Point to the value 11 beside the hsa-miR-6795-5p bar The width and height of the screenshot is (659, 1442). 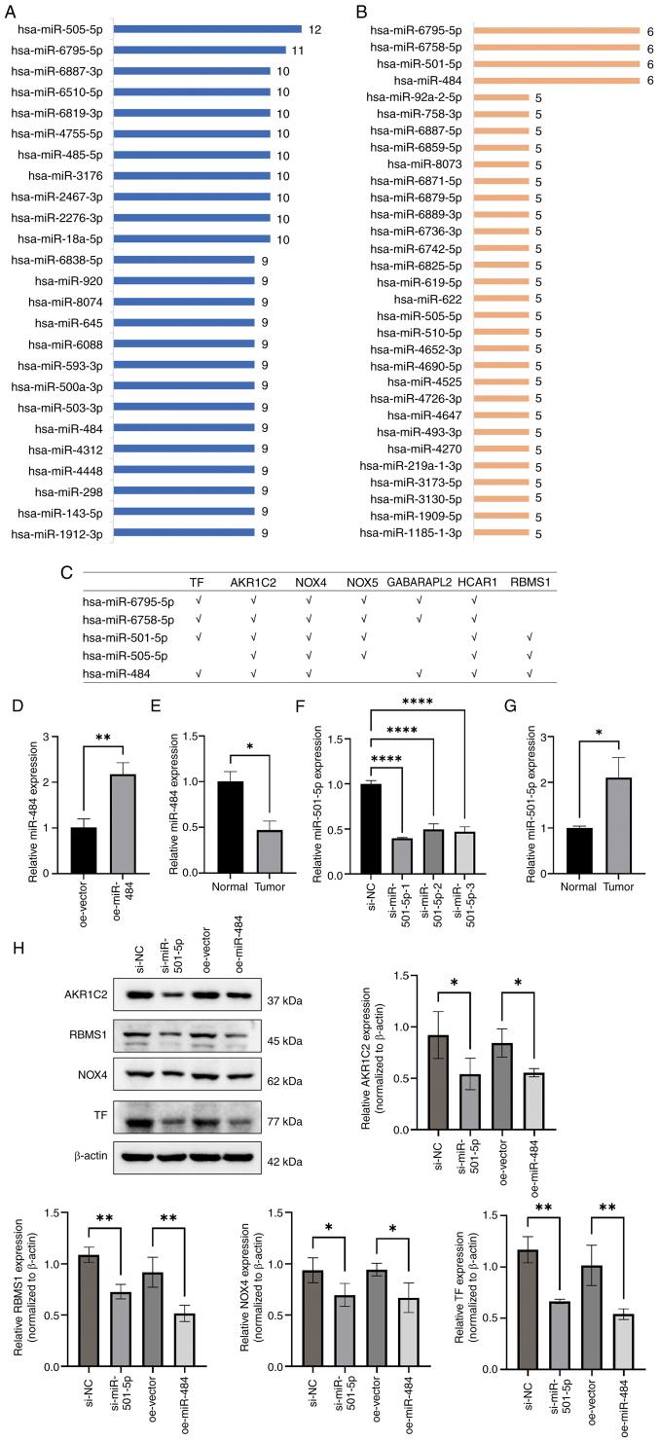[296, 50]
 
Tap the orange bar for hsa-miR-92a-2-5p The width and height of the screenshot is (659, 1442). [500, 97]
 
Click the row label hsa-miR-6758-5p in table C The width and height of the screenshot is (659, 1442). [128, 619]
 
